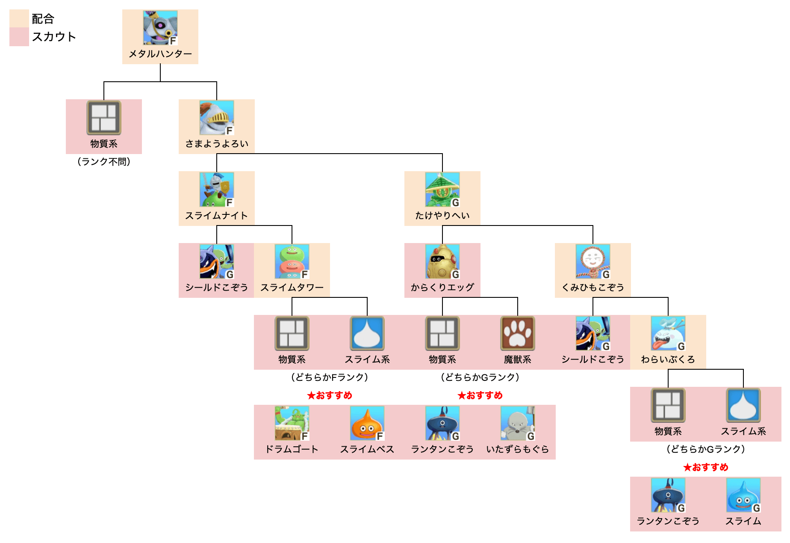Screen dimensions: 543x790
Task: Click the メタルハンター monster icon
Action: (x=160, y=28)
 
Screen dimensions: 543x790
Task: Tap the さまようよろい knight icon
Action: (x=216, y=118)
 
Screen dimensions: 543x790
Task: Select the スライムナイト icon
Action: (x=216, y=190)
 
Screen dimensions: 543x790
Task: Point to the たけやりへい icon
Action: (x=442, y=190)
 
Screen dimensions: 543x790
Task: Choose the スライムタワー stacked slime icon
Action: (x=292, y=261)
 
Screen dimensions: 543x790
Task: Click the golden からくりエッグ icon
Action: (x=442, y=261)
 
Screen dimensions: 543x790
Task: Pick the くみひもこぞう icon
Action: (x=592, y=261)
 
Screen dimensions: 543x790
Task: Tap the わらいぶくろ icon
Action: (x=668, y=333)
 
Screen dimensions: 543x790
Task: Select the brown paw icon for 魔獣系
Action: (x=517, y=333)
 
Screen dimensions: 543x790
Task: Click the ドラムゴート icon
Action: (x=292, y=423)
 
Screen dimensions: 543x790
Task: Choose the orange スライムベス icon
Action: (x=367, y=423)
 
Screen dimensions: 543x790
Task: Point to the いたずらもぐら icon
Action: (x=517, y=423)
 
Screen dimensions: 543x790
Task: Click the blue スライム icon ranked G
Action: (x=743, y=495)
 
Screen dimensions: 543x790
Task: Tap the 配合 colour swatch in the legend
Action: (x=19, y=18)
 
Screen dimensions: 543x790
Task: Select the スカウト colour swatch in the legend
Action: (x=19, y=37)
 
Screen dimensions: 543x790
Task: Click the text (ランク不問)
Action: (x=103, y=162)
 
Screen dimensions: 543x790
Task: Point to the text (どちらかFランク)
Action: (x=329, y=377)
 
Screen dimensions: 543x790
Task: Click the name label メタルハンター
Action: (x=160, y=54)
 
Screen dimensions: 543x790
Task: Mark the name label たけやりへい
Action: (x=442, y=216)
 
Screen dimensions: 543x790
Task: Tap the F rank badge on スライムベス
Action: (x=380, y=436)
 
